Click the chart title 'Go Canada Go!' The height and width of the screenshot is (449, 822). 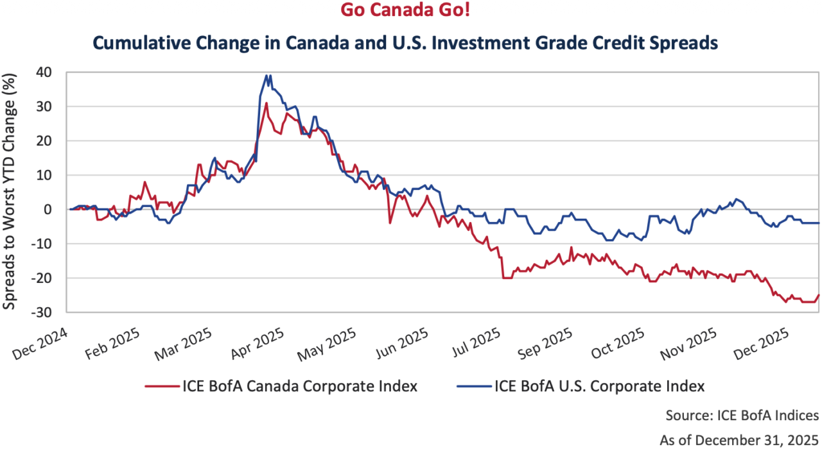(411, 11)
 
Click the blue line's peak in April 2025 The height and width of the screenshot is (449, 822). (267, 75)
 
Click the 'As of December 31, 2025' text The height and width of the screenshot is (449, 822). (739, 439)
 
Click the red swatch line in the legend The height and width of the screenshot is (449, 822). (161, 387)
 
